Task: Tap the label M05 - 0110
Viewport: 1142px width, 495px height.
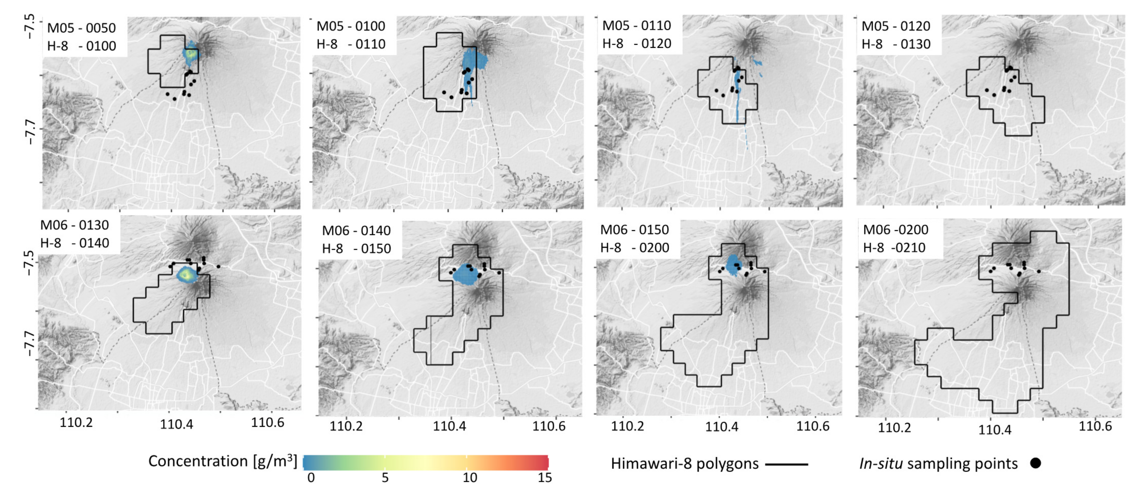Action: coord(637,26)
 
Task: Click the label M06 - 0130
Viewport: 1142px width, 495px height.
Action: coord(74,225)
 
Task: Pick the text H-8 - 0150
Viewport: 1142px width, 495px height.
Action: coord(356,249)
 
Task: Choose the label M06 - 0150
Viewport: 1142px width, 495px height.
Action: coord(634,230)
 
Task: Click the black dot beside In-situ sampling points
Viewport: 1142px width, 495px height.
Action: coord(1036,463)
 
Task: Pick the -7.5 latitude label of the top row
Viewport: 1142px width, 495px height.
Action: coord(29,27)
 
